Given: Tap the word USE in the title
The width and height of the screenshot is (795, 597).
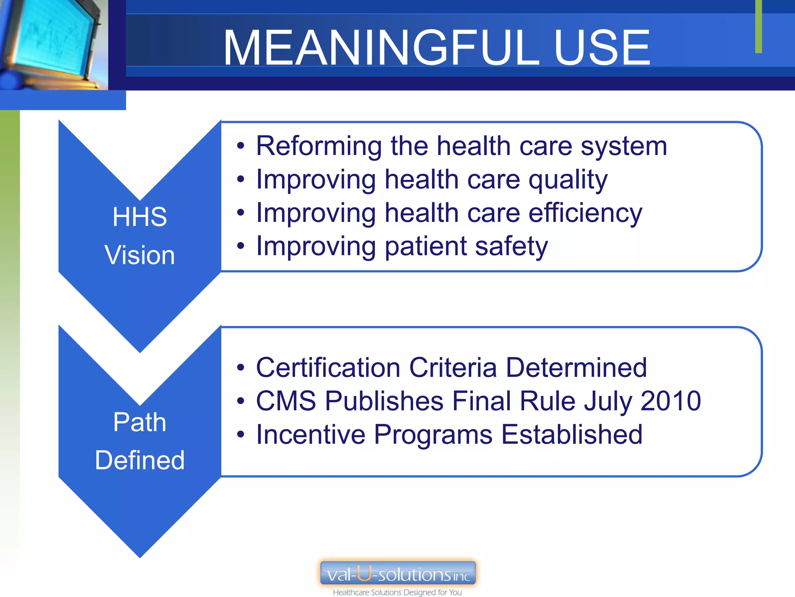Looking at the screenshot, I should click(601, 48).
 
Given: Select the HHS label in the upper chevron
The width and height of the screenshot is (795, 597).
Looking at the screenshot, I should click(140, 217).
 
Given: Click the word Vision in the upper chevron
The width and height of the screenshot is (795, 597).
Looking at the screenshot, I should click(140, 255).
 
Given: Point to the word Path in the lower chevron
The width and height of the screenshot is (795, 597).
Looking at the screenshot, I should click(140, 422).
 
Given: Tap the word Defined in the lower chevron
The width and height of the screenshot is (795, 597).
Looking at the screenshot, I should click(140, 460).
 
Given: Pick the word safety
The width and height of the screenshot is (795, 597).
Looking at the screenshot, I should click(511, 247).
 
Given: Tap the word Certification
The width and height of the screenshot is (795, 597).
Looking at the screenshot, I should click(328, 368).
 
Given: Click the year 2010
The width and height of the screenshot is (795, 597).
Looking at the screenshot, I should click(670, 401).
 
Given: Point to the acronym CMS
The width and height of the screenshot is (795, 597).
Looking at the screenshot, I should click(286, 401).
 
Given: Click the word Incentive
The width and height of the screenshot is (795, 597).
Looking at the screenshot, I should click(311, 435).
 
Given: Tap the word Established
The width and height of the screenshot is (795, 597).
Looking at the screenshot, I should click(572, 435).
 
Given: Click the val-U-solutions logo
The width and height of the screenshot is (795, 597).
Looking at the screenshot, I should click(397, 573).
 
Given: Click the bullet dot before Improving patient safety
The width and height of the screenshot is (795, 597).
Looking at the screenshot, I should click(241, 246).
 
